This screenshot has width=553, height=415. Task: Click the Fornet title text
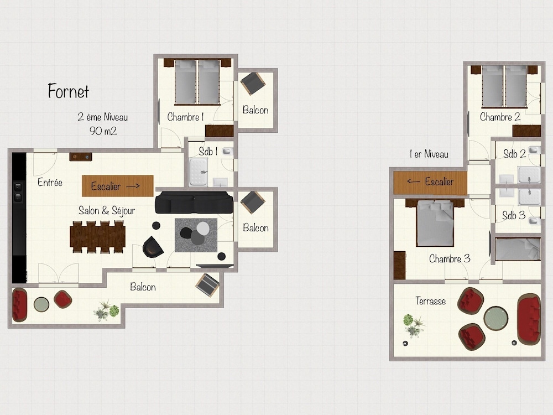tap(69, 91)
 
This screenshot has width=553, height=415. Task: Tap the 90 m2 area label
tap(103, 131)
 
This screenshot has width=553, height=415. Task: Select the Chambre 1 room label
tap(185, 117)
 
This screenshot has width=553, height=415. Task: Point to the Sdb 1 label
tap(208, 152)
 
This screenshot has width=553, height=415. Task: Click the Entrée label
tap(50, 182)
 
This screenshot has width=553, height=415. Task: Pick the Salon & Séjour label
tap(107, 211)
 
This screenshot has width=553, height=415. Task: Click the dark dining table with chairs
tap(98, 237)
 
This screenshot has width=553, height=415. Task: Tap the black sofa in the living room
tap(194, 203)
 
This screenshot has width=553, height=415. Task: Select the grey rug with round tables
tap(196, 235)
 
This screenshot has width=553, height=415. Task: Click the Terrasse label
tap(431, 301)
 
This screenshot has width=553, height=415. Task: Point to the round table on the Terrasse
tap(496, 318)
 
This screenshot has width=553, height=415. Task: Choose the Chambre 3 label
tap(450, 258)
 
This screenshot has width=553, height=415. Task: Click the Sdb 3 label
tap(514, 215)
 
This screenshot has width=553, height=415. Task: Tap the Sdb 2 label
tap(514, 154)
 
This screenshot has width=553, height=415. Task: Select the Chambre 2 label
tap(500, 117)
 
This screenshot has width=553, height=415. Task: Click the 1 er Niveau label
tap(429, 154)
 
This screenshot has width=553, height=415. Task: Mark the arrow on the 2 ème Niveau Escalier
tap(133, 186)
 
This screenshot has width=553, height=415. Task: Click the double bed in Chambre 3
tap(435, 222)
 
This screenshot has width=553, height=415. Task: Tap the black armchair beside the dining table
tap(153, 247)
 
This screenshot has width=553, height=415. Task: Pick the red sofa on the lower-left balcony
tap(19, 305)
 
